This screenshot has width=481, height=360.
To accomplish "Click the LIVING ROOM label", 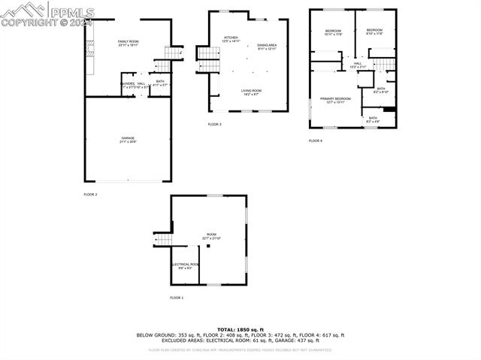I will (251, 92).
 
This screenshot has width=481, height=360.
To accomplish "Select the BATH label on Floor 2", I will (160, 82).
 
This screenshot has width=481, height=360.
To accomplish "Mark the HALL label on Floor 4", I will (358, 65).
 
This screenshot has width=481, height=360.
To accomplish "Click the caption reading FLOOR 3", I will (215, 124).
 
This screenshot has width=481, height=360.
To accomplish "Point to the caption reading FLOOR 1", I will (177, 298).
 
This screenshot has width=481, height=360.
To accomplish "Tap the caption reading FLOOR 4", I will (316, 141).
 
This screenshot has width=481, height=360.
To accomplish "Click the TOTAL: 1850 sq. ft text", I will (240, 329).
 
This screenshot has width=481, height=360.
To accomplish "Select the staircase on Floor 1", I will (163, 240).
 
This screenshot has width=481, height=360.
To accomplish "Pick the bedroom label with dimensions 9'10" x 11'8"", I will (374, 32).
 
